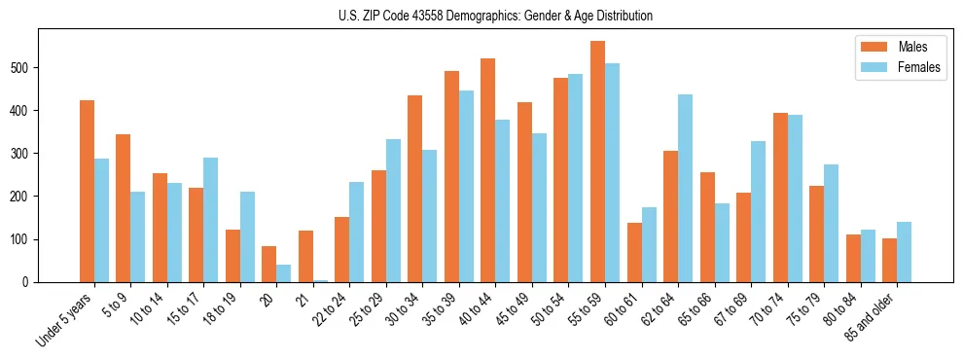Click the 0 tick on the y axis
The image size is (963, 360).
30,282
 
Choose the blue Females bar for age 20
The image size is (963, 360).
283,273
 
